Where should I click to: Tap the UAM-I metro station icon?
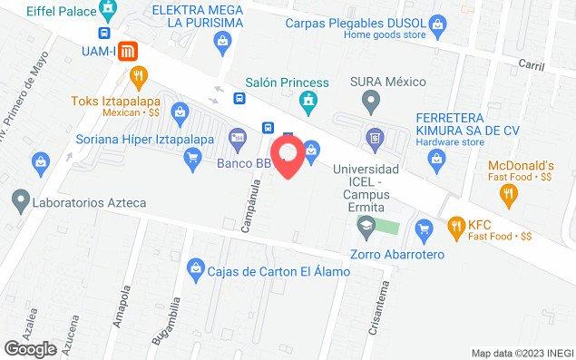point(130,51)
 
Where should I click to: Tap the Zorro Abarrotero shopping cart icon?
point(422,227)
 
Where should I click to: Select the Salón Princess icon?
point(309,98)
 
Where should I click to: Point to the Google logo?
point(30,348)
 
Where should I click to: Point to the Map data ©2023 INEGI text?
point(521,353)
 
